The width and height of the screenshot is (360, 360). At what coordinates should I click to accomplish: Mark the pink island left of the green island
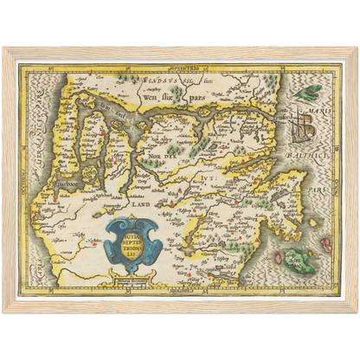[279, 257]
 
